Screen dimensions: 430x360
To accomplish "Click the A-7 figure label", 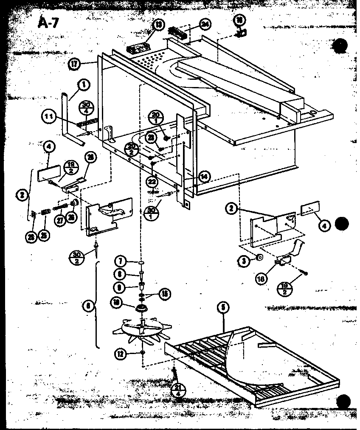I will (x=51, y=22).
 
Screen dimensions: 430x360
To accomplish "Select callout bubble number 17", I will (x=74, y=65).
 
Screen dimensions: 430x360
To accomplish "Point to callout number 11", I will (x=49, y=116).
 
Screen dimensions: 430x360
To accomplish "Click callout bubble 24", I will (x=205, y=24).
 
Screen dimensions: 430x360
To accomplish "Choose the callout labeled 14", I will (x=205, y=177).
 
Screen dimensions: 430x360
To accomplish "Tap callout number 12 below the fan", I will (x=121, y=352).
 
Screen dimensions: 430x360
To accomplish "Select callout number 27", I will (x=59, y=219).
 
